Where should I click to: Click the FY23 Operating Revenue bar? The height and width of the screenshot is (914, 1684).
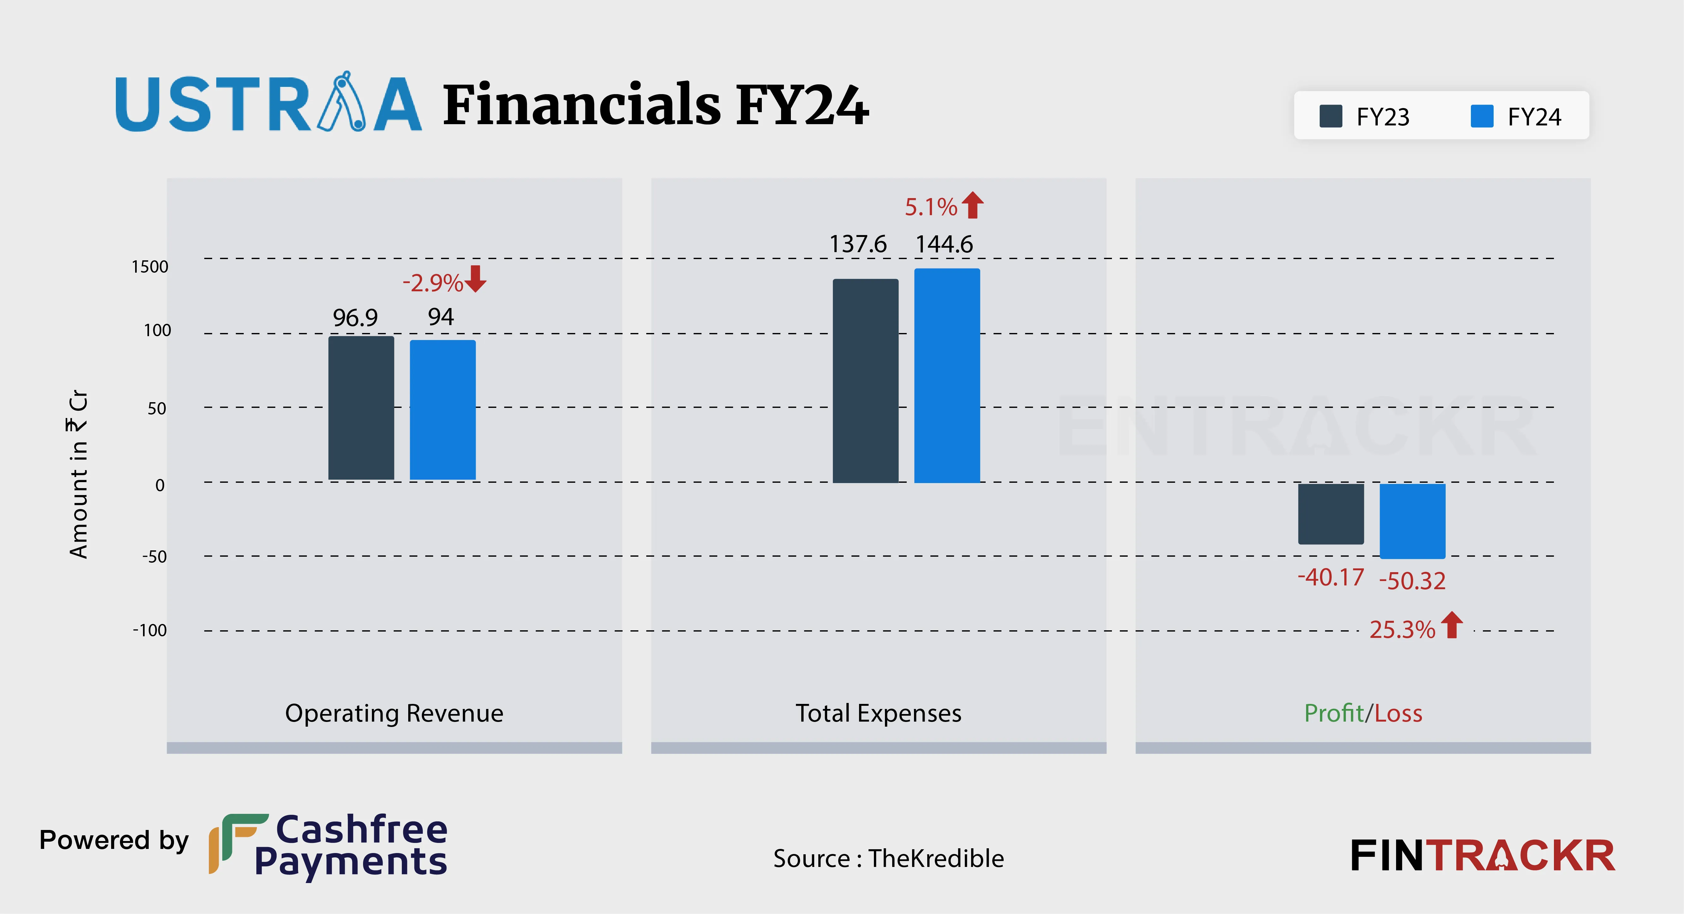[x=361, y=408]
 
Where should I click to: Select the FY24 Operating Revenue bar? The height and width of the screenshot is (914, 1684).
[x=443, y=409]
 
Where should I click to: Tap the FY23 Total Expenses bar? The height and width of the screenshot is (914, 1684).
[x=866, y=381]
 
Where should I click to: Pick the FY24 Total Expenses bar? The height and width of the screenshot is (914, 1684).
[x=947, y=376]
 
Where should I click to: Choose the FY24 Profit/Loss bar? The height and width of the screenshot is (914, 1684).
[x=1412, y=521]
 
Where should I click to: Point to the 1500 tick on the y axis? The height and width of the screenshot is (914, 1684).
[x=150, y=267]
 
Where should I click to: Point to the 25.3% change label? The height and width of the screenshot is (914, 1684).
[x=1402, y=629]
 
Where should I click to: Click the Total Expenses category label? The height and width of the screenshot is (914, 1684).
[x=878, y=713]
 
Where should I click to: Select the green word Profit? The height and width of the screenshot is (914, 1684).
[x=1334, y=713]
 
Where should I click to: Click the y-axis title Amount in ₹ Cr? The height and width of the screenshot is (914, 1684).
[x=78, y=474]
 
